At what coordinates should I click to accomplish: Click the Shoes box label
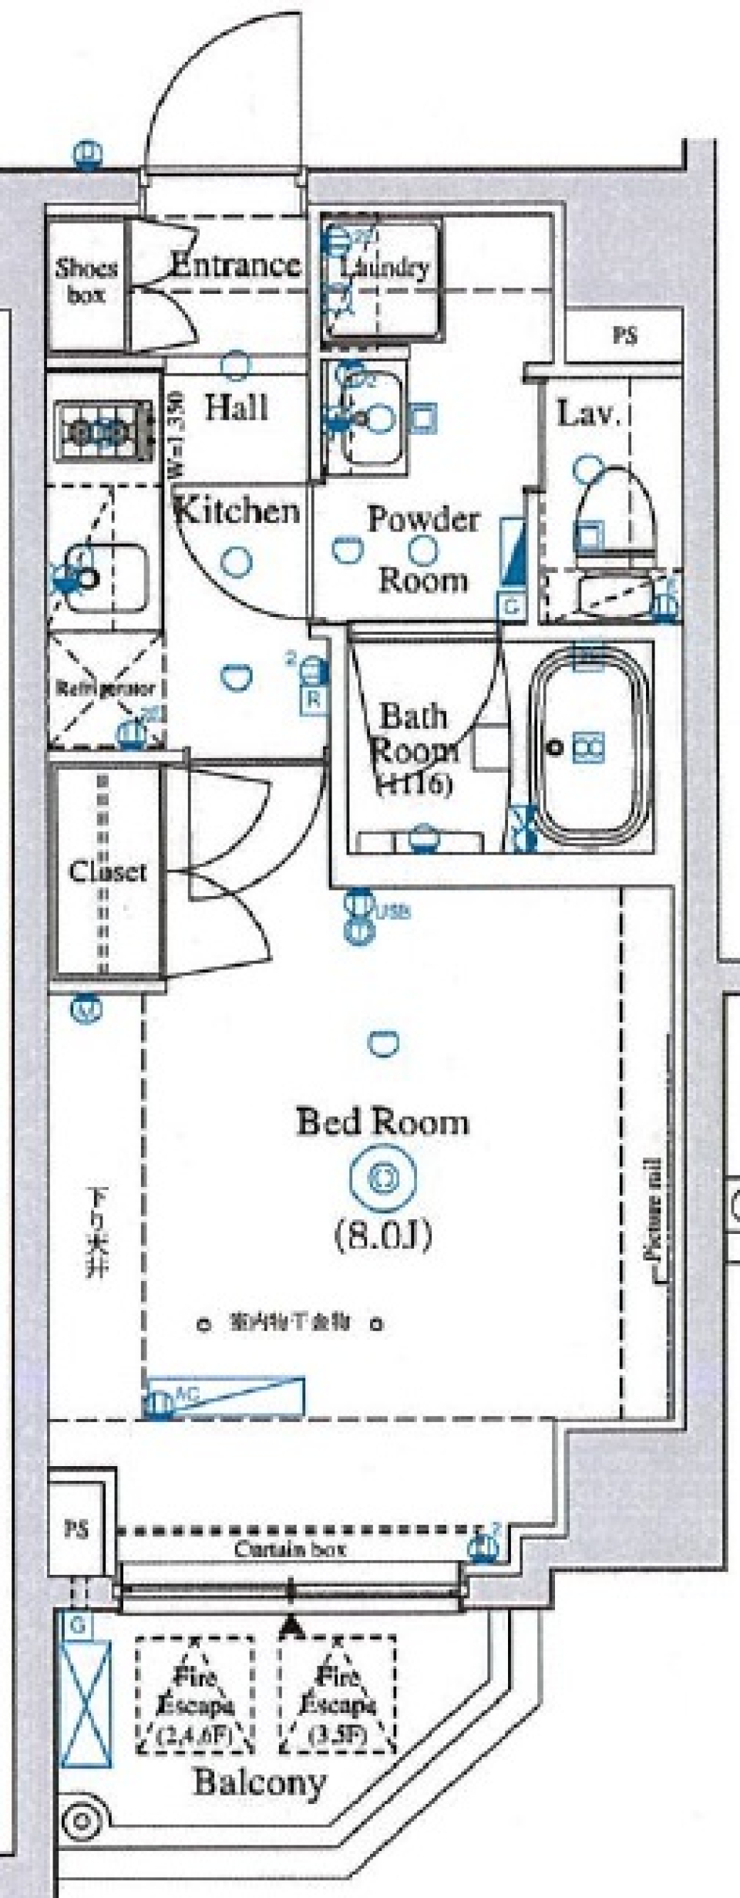point(86,281)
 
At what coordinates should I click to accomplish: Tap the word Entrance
point(234,265)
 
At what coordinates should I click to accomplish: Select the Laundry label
point(385,268)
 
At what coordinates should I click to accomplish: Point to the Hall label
point(236,407)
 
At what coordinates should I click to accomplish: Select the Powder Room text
point(422,548)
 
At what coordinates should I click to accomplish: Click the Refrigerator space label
point(106,688)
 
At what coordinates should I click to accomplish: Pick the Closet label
point(107,872)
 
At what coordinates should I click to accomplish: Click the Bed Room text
point(382,1122)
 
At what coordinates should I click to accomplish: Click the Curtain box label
point(290,1549)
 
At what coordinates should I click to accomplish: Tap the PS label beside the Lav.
point(625,336)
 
